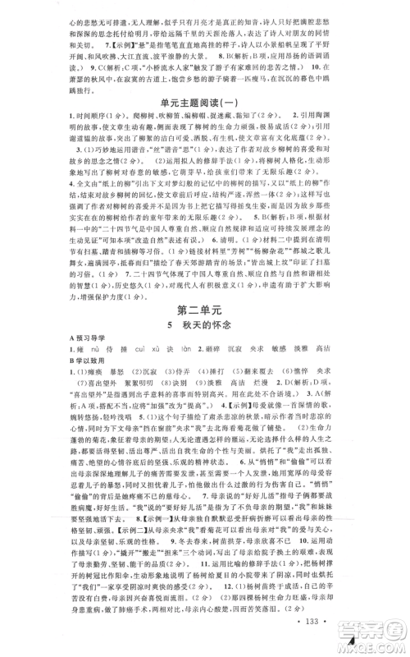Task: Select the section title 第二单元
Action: point(205,310)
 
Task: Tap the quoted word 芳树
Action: point(279,249)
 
